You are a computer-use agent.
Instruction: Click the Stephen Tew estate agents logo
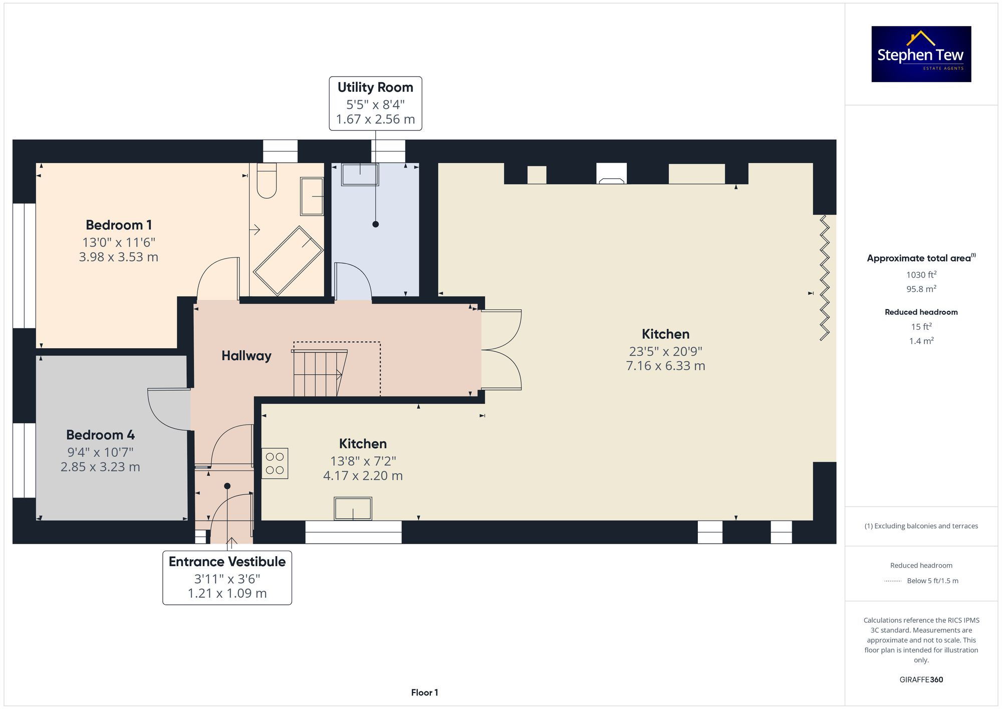point(921,54)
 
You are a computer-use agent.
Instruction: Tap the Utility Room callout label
point(375,103)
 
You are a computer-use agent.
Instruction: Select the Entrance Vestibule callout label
point(227,577)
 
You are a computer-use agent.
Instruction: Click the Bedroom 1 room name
point(119,225)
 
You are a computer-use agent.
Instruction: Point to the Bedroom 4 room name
point(100,435)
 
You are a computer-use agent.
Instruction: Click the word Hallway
point(246,356)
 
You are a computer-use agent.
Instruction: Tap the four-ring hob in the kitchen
point(275,463)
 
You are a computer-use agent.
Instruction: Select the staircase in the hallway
point(319,374)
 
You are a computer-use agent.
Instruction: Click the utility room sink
point(360,174)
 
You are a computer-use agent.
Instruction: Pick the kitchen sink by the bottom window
point(353,509)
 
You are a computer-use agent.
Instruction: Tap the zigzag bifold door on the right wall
point(824,278)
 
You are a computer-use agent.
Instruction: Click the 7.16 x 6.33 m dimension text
point(665,366)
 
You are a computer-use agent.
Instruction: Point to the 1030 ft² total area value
point(921,275)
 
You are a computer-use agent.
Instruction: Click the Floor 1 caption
point(424,692)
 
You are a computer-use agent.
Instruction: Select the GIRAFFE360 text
point(921,679)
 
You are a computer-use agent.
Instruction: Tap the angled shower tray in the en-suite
point(288,261)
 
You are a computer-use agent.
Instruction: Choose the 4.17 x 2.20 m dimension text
point(363,476)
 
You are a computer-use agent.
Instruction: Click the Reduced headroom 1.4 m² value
point(921,341)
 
